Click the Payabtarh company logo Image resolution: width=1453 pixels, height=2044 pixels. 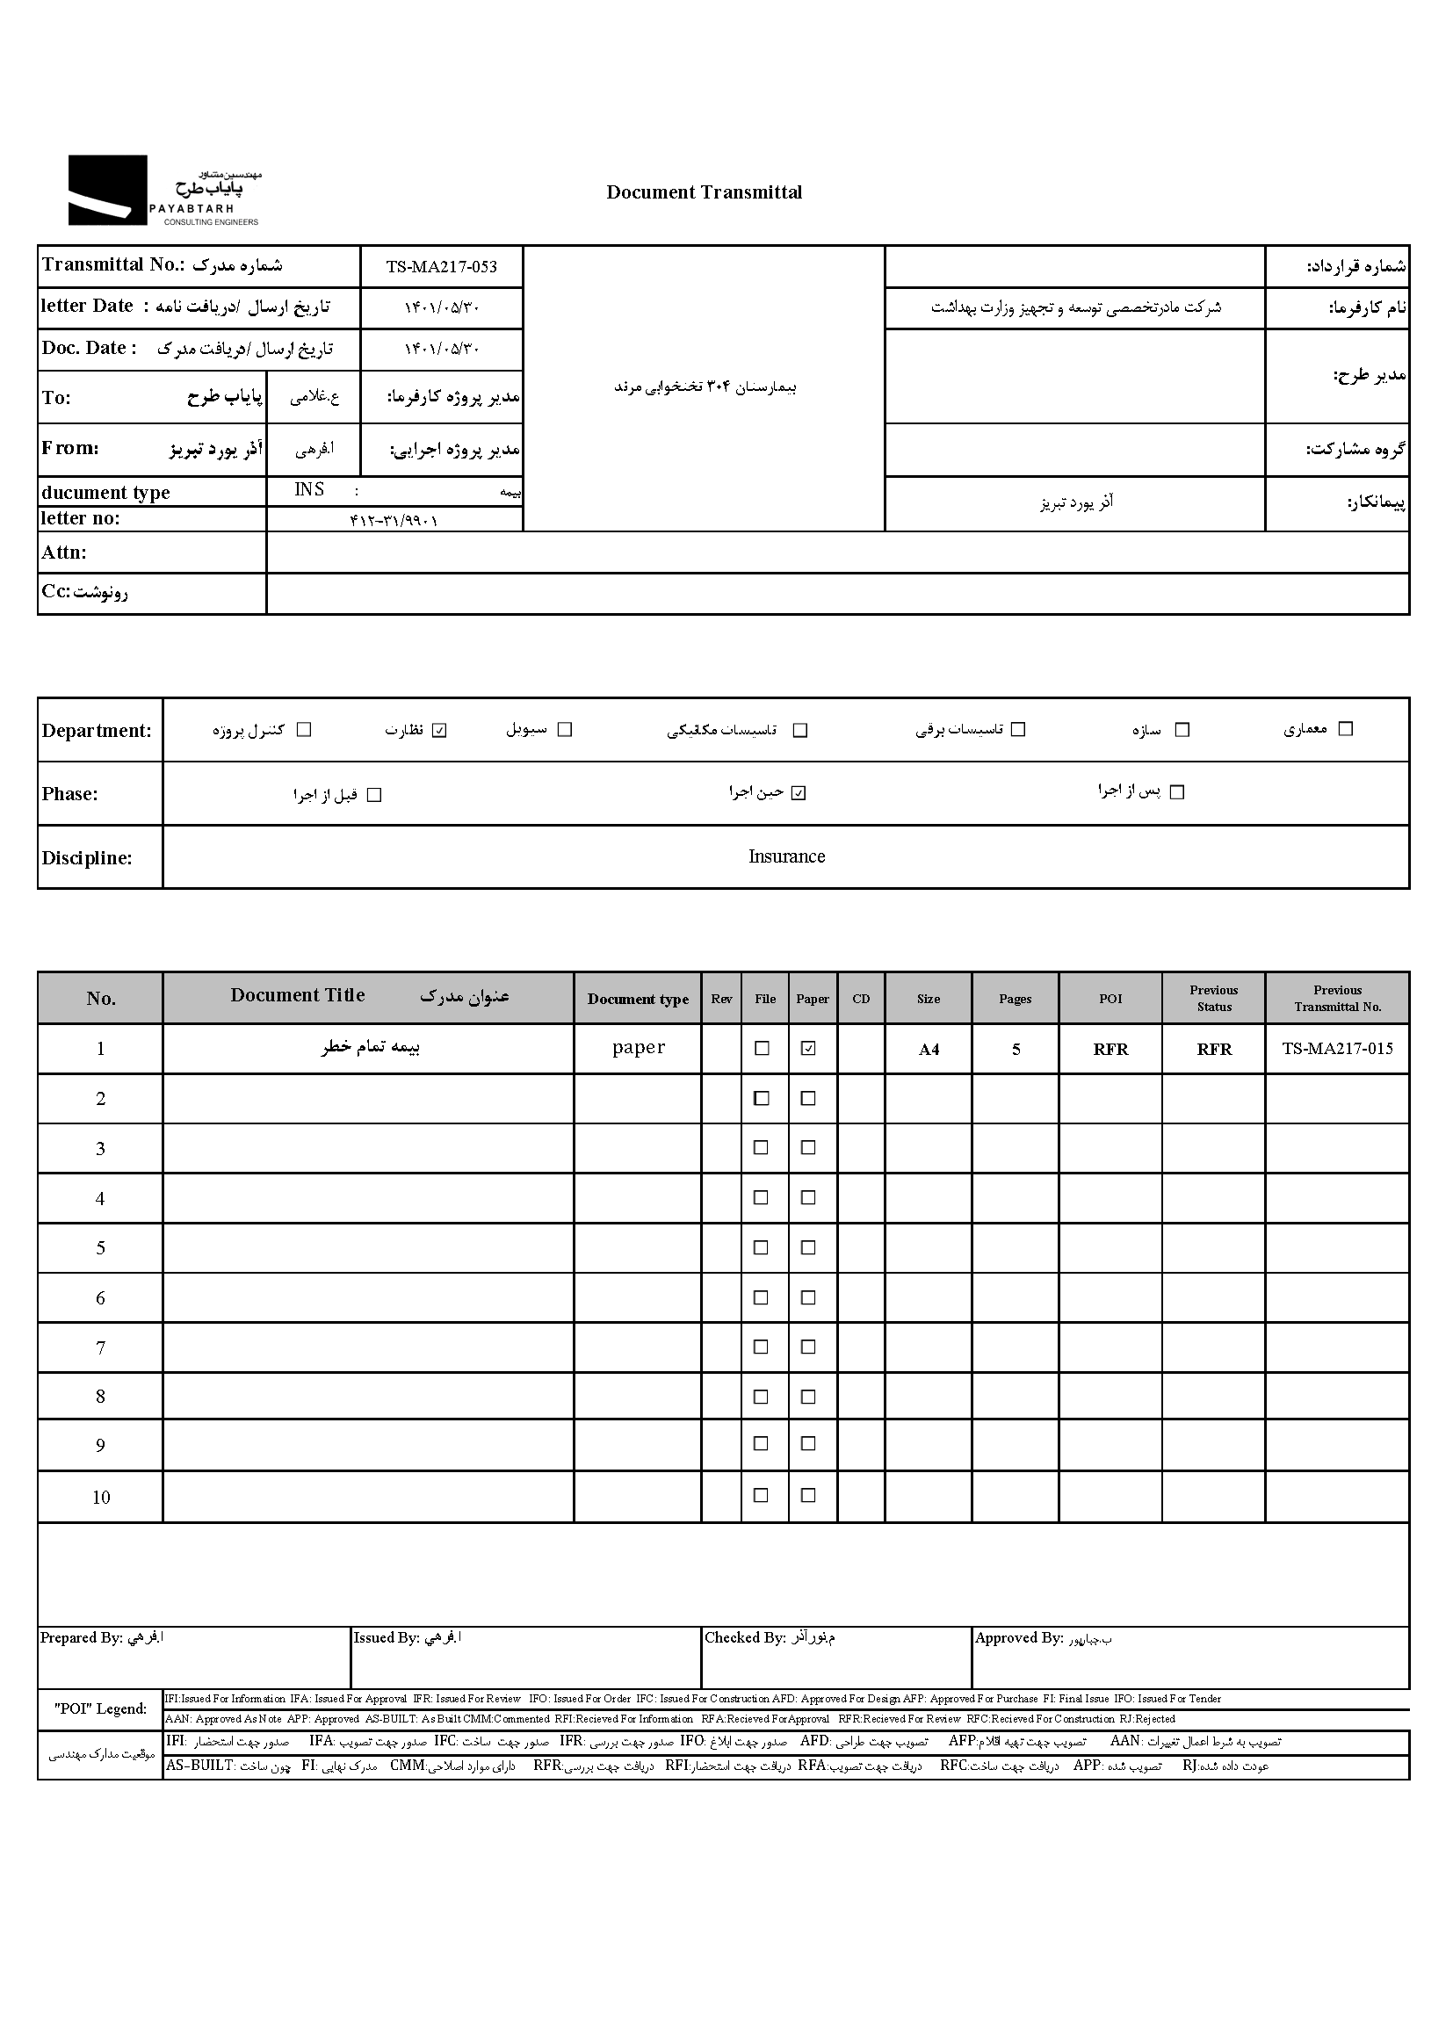click(163, 191)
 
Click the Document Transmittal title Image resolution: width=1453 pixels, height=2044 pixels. click(704, 192)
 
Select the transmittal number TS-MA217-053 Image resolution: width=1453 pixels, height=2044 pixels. click(441, 266)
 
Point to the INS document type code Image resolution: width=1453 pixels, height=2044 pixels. click(309, 489)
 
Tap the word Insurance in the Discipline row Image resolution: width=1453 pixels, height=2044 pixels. click(785, 856)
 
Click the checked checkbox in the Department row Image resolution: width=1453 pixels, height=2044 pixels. click(439, 730)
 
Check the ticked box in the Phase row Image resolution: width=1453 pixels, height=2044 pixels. click(799, 792)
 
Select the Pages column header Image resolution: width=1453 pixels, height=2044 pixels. click(1015, 999)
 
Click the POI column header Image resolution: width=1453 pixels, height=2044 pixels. click(1110, 999)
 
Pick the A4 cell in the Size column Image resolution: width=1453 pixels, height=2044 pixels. click(928, 1050)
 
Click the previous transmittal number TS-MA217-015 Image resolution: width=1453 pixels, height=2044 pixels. click(1337, 1049)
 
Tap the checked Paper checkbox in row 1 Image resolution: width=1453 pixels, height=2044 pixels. click(808, 1049)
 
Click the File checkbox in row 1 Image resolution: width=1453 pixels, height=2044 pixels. click(763, 1049)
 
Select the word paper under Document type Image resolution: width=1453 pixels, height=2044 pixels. click(638, 1048)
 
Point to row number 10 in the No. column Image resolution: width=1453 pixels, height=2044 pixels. click(101, 1497)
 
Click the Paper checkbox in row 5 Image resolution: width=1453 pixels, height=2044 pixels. click(808, 1247)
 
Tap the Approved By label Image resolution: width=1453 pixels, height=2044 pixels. click(1018, 1637)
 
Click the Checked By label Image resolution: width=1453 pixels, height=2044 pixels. click(744, 1637)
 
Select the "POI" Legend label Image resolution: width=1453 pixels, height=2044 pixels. click(100, 1708)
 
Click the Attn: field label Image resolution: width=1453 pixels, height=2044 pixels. click(63, 552)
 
